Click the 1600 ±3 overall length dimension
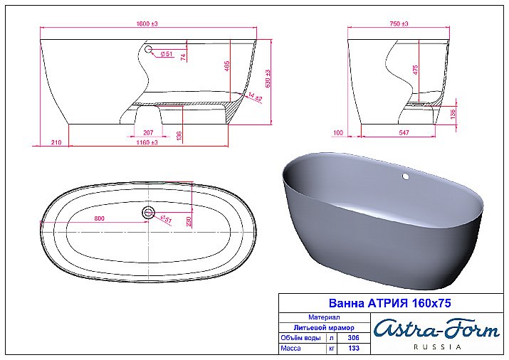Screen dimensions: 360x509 (148, 24)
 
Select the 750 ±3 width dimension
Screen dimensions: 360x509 (399, 24)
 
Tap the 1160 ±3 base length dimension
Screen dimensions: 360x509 (148, 143)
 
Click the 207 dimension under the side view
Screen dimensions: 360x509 (148, 132)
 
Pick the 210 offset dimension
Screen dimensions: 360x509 (56, 143)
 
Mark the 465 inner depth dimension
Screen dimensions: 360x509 (226, 65)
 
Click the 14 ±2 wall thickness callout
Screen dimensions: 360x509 (252, 95)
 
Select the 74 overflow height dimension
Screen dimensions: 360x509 (183, 58)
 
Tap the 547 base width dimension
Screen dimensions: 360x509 (402, 133)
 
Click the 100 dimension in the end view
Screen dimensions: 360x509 (338, 133)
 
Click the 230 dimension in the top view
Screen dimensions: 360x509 (188, 221)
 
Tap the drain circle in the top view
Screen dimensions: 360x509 (149, 212)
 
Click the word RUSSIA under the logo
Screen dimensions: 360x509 (437, 347)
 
